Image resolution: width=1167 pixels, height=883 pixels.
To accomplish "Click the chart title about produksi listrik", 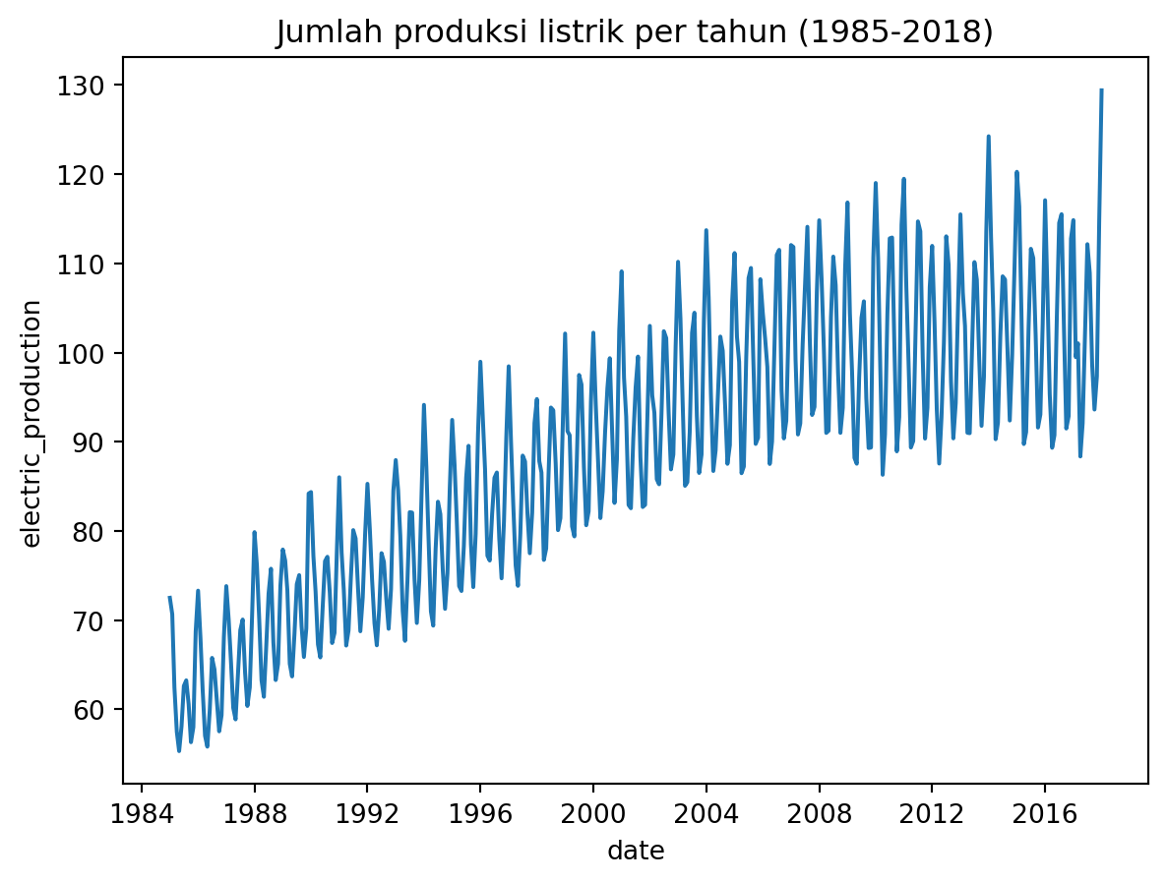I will pyautogui.click(x=635, y=32).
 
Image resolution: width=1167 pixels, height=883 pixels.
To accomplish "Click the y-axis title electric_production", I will pyautogui.click(x=31, y=423).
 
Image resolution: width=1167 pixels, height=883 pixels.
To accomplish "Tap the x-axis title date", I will pyautogui.click(x=636, y=852).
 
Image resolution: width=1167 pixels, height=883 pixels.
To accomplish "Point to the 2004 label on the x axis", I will pyautogui.click(x=706, y=815).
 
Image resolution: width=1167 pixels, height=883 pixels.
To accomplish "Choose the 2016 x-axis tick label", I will pyautogui.click(x=1044, y=815).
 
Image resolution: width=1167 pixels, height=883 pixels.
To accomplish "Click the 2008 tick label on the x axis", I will pyautogui.click(x=819, y=815).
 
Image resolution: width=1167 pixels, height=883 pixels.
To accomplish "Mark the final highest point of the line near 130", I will pyautogui.click(x=1101, y=90).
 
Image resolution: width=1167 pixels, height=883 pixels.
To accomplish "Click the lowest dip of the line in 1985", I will pyautogui.click(x=179, y=751).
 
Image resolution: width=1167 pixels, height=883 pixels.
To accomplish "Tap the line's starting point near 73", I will pyautogui.click(x=169, y=597).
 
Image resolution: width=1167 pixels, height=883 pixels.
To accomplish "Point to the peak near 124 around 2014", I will pyautogui.click(x=988, y=137).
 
